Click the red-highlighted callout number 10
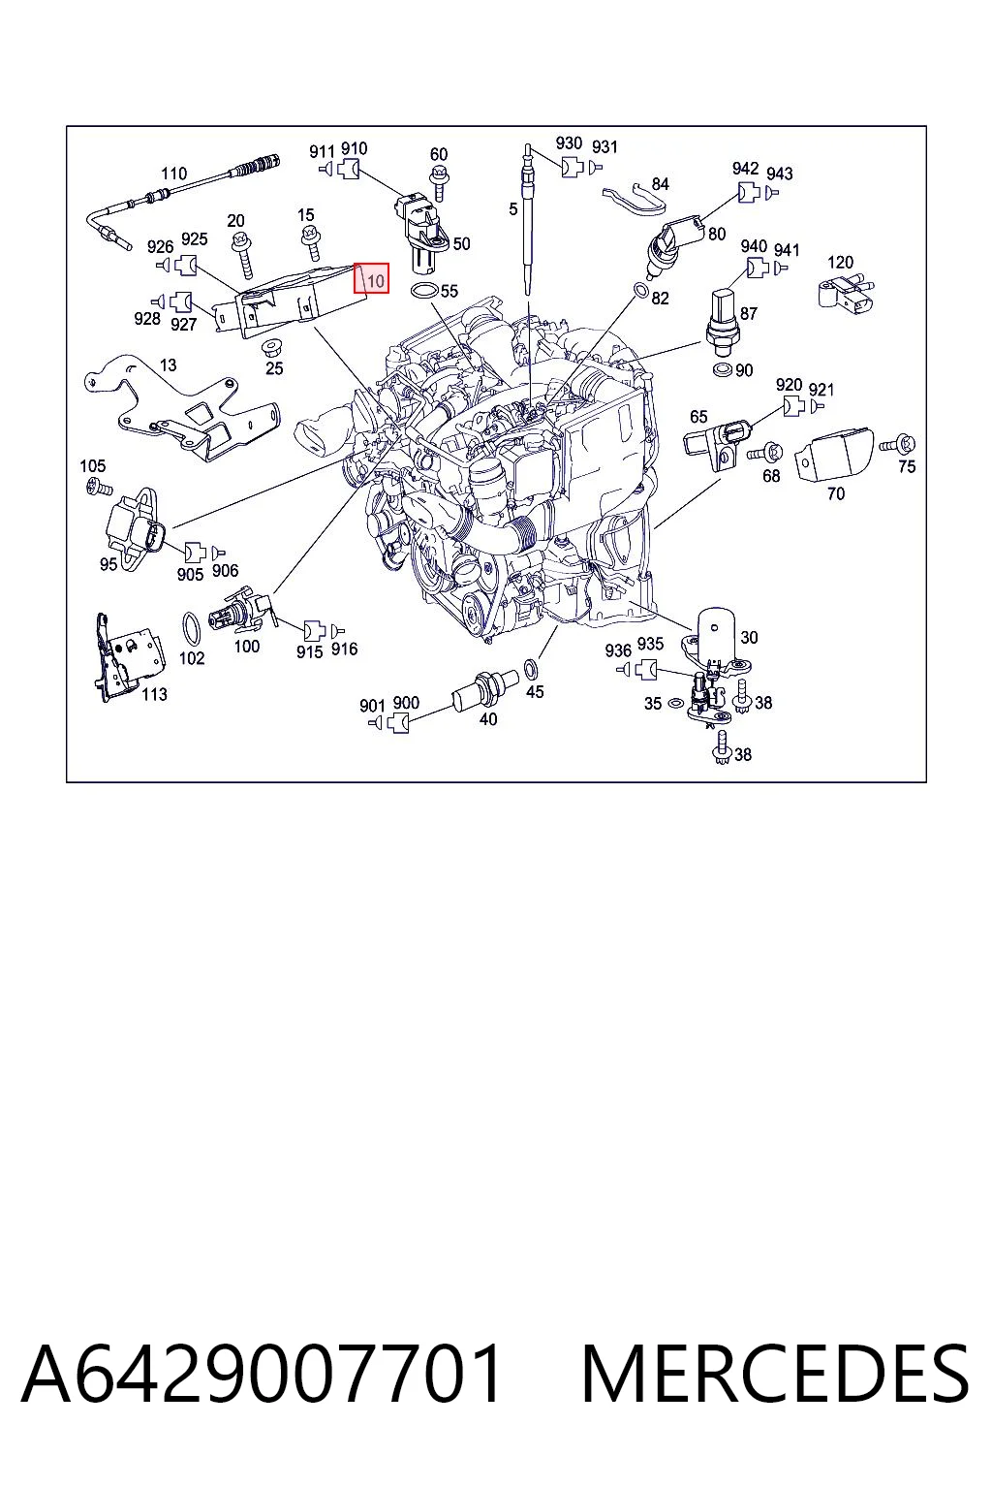376,281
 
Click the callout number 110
174,174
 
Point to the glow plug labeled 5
529,219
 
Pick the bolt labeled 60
439,182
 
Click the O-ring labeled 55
424,291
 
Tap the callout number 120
841,262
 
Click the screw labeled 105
100,489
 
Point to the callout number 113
154,694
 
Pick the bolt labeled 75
897,443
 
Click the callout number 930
569,143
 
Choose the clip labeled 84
634,199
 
